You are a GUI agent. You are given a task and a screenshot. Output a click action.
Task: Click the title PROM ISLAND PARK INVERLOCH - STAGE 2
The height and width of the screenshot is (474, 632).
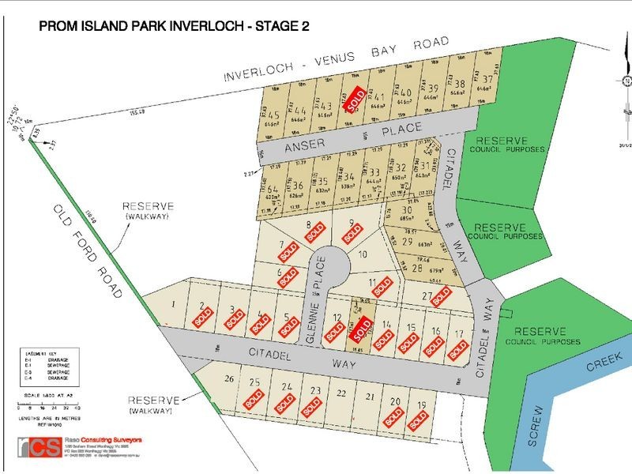coord(174,25)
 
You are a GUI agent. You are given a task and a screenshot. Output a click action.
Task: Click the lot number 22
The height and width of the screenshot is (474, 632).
coord(341,393)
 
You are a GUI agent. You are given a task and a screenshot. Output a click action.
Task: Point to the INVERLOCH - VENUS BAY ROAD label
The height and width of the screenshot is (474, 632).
coord(336,59)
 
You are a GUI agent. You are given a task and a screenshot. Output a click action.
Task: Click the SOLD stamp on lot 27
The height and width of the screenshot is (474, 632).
coord(441,296)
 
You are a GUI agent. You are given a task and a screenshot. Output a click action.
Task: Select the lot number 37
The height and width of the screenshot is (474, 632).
coord(489,79)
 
